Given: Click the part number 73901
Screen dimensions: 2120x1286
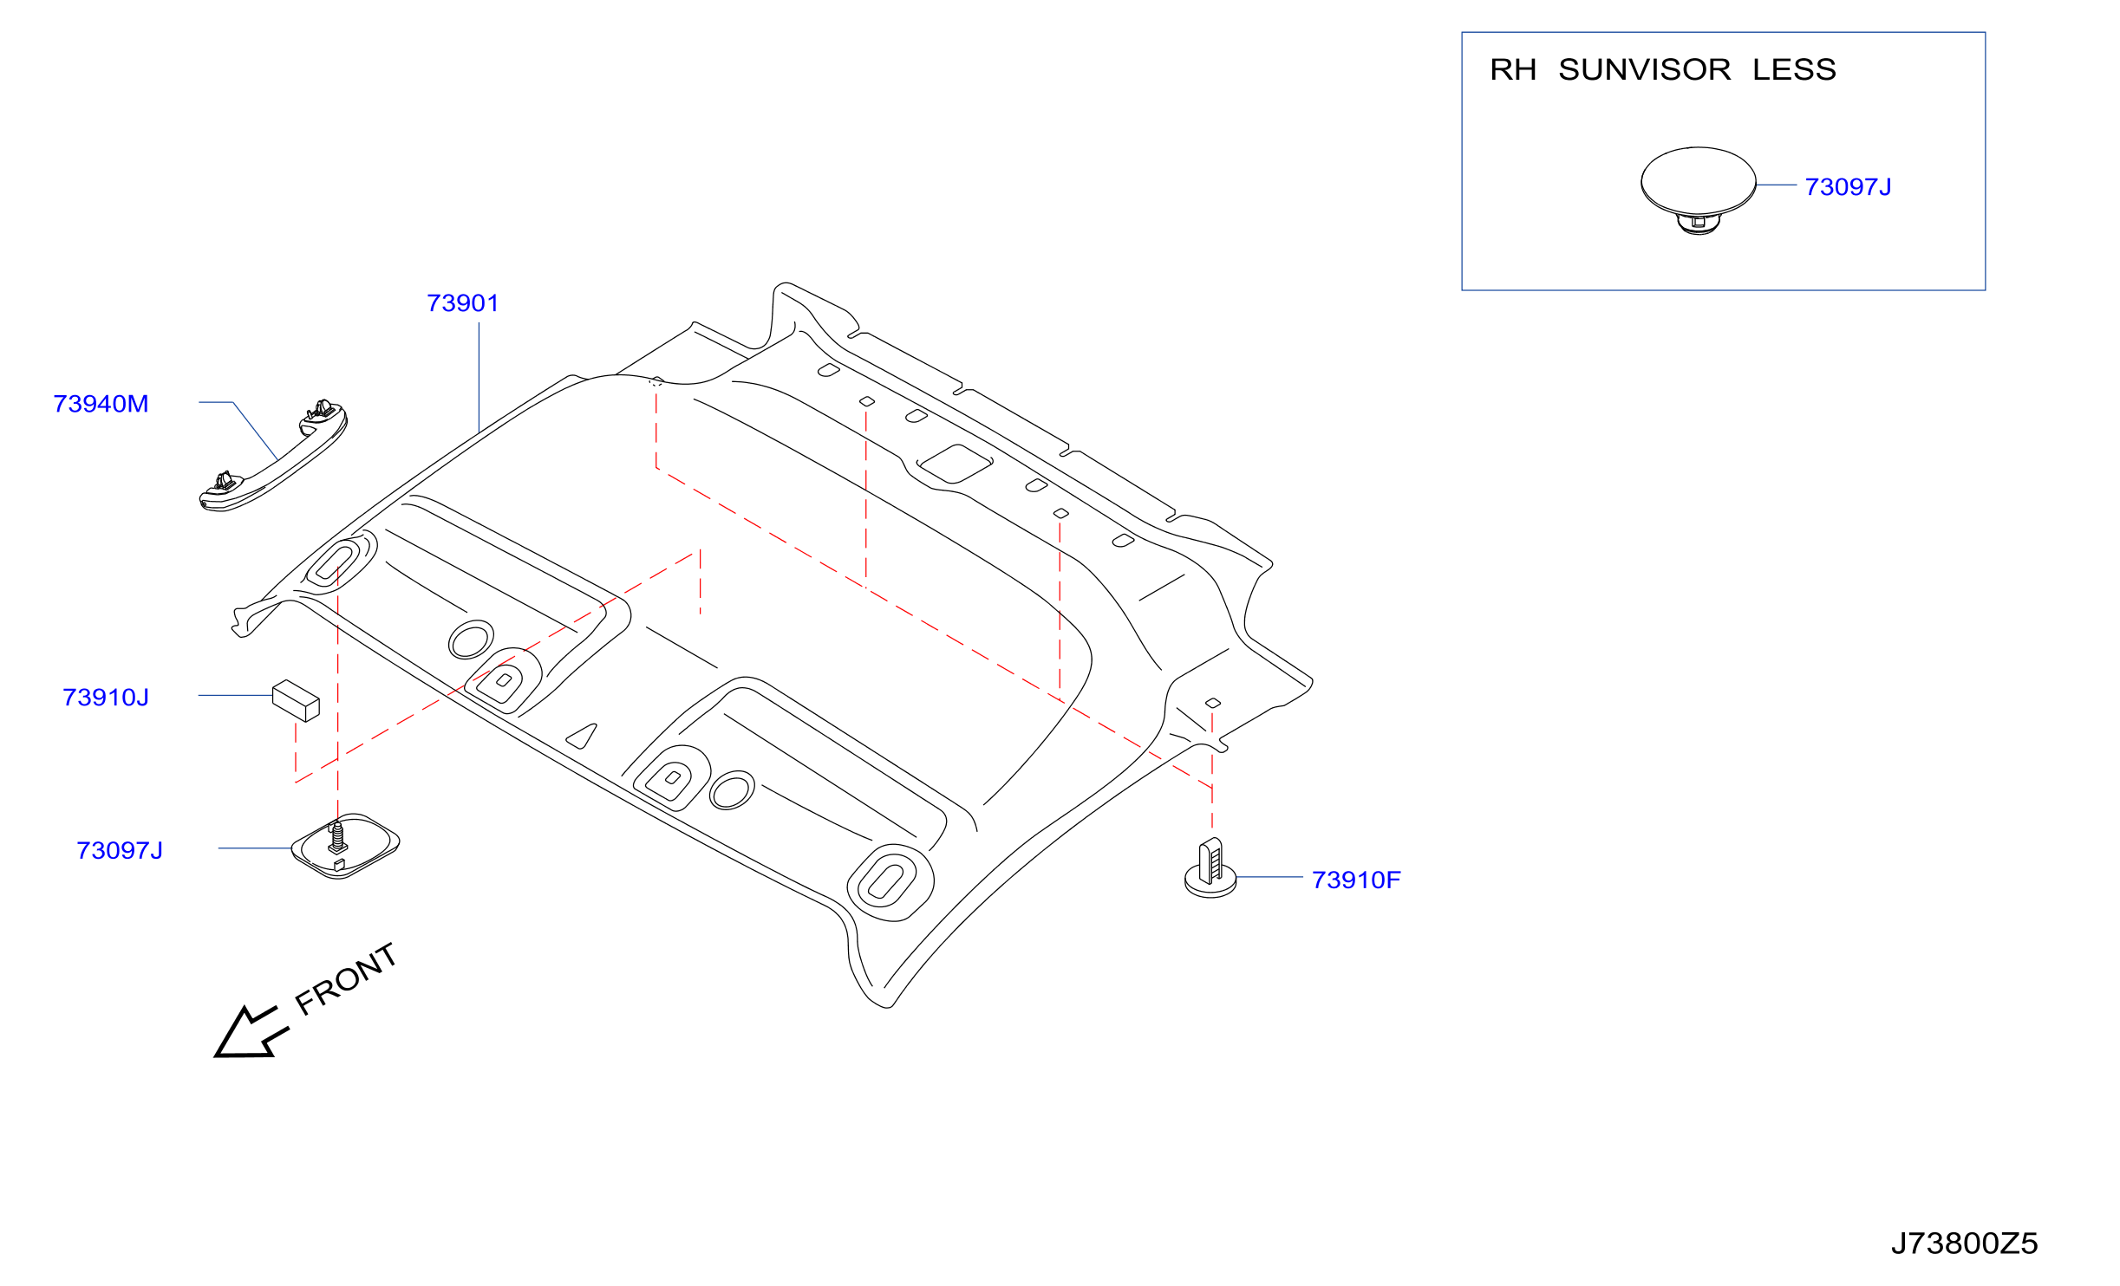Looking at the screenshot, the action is click(x=463, y=303).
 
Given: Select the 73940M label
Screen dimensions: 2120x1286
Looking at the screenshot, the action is click(x=101, y=404).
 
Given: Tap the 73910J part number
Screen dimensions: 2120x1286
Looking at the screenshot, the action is click(x=106, y=698).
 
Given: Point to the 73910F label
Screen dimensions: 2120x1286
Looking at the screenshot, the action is click(x=1356, y=880).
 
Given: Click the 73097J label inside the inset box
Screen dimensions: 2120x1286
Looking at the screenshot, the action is click(x=1848, y=187).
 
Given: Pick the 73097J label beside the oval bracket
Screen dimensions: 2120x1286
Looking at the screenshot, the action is click(x=120, y=851).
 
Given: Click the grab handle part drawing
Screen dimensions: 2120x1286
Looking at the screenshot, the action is click(x=273, y=456).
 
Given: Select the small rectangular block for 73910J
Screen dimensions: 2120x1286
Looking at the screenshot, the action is click(x=296, y=700).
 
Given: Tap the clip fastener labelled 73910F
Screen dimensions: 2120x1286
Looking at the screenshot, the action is click(x=1210, y=868).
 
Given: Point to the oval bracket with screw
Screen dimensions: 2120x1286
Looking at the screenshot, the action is click(x=345, y=847).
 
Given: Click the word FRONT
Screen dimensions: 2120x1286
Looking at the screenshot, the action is click(x=346, y=978).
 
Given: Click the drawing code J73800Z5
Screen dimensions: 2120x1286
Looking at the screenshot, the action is click(x=1964, y=1244).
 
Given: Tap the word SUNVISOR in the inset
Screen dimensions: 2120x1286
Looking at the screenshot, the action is click(x=1644, y=69).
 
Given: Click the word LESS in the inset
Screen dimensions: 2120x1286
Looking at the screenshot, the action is click(x=1794, y=69).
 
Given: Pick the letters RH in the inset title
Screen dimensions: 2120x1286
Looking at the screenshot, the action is click(x=1513, y=69).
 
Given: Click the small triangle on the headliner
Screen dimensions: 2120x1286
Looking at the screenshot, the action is click(x=583, y=737).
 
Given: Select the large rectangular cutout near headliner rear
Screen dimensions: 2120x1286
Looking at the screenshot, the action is click(x=956, y=464).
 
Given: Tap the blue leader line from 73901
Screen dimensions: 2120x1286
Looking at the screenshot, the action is click(x=479, y=378).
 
